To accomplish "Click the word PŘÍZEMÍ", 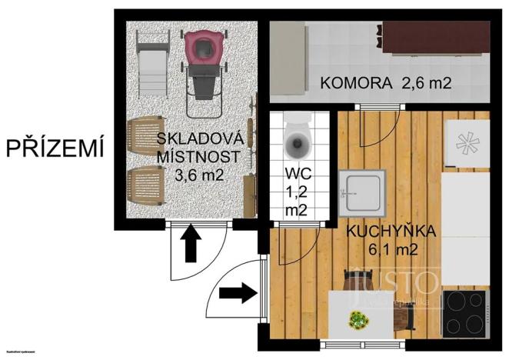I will point(55,148).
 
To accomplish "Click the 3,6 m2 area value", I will point(200,175).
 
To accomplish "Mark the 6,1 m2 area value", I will point(391,248).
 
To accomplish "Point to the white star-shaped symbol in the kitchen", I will point(466,142).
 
